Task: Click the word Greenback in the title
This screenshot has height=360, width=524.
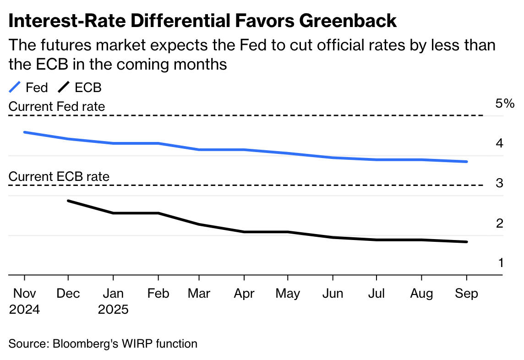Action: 348,21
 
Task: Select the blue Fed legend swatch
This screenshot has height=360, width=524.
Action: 15,87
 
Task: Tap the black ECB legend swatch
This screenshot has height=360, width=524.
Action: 64,87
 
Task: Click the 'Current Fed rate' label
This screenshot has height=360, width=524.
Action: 57,107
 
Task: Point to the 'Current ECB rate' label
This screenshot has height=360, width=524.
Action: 59,176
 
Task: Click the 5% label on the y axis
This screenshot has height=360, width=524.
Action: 505,104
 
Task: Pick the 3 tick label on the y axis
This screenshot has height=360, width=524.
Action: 499,183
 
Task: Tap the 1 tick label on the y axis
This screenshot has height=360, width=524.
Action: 501,263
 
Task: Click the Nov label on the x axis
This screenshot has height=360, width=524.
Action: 24,293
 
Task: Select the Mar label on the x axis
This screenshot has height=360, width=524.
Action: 199,293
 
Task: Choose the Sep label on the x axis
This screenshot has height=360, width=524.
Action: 467,294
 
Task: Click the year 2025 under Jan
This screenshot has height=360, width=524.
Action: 113,310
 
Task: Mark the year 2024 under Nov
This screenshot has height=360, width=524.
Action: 24,310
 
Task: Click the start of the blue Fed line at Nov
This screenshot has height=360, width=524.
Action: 25,132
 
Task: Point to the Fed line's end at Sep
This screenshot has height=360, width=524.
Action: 466,161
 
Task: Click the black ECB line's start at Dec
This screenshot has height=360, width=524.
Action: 69,201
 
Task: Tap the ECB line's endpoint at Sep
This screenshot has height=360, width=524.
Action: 466,242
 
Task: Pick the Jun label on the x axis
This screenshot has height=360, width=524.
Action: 333,293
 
